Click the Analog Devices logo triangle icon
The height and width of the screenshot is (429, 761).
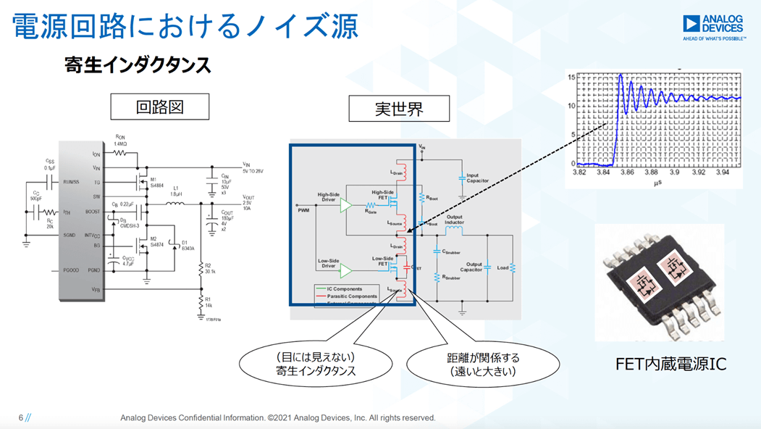click(692, 24)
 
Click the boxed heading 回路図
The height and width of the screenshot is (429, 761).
click(160, 107)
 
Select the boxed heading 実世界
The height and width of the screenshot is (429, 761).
click(399, 109)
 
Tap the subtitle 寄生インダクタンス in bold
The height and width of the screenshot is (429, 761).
click(138, 65)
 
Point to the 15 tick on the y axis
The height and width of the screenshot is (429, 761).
click(571, 77)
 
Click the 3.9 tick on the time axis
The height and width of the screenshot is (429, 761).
click(674, 172)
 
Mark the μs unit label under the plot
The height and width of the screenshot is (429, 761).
click(657, 183)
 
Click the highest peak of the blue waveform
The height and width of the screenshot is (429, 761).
click(620, 75)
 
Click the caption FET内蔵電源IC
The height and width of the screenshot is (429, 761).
click(670, 365)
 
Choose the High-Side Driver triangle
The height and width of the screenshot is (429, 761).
click(346, 205)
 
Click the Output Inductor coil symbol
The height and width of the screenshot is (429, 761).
click(454, 230)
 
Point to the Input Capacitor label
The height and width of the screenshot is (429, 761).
click(477, 178)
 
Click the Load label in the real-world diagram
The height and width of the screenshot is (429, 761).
click(502, 267)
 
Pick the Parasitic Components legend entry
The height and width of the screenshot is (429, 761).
click(351, 296)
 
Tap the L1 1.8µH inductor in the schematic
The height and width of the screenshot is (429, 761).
click(175, 204)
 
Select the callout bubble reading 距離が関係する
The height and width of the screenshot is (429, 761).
click(482, 364)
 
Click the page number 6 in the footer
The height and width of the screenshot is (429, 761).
click(21, 417)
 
